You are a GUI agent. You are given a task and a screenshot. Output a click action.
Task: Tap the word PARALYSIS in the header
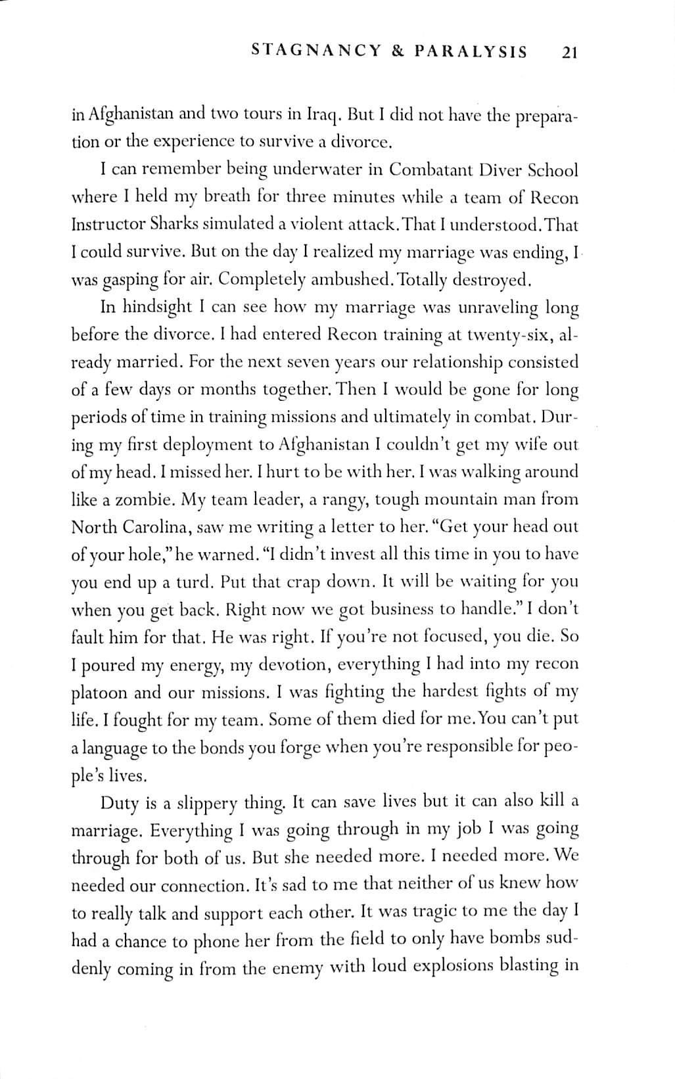[471, 51]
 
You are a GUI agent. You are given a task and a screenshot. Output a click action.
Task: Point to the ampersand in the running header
[398, 51]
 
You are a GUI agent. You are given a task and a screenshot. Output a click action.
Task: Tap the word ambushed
[345, 280]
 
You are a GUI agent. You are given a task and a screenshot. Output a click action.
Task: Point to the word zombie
[144, 499]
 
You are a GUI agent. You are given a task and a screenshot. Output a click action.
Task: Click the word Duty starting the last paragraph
[120, 802]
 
